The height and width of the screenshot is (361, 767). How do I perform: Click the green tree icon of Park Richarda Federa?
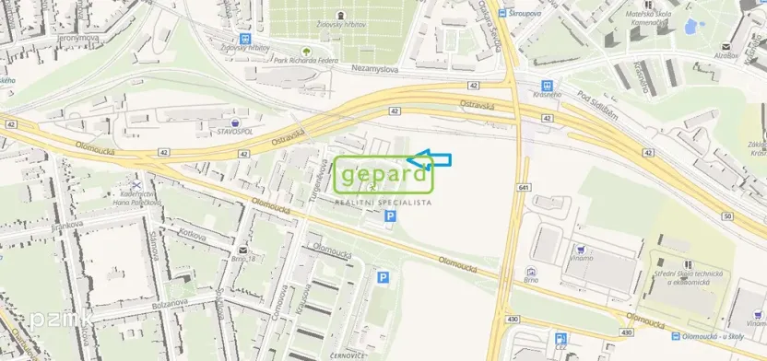pos(306,48)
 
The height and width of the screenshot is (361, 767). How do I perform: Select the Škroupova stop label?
pos(537,14)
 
